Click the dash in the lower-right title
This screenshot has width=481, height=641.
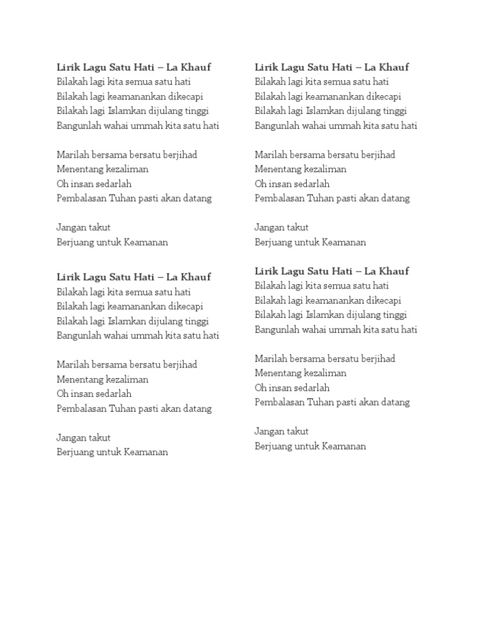point(358,271)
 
